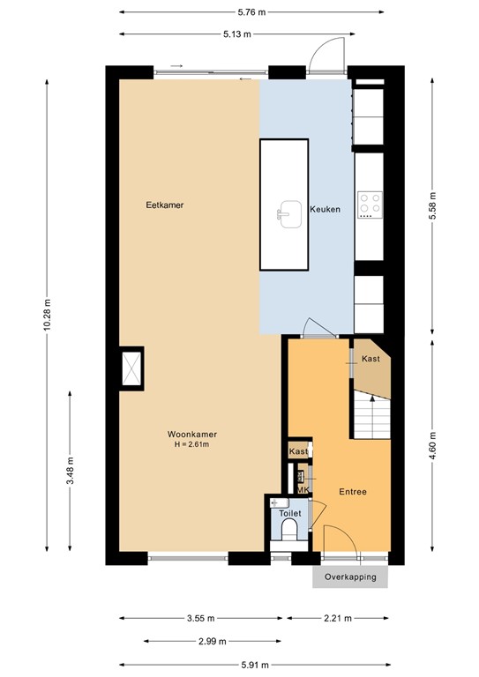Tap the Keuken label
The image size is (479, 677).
[x=324, y=209]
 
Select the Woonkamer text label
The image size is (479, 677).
[x=192, y=434]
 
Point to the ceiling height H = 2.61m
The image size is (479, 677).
[x=192, y=444]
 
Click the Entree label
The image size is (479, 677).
[x=353, y=492]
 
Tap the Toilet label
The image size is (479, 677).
[x=290, y=513]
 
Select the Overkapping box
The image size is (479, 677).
[x=349, y=577]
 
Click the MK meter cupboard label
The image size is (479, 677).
[x=302, y=489]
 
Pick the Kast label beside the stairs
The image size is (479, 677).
[x=370, y=360]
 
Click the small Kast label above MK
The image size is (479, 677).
[x=300, y=451]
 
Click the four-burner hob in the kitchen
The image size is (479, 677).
[x=369, y=205]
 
